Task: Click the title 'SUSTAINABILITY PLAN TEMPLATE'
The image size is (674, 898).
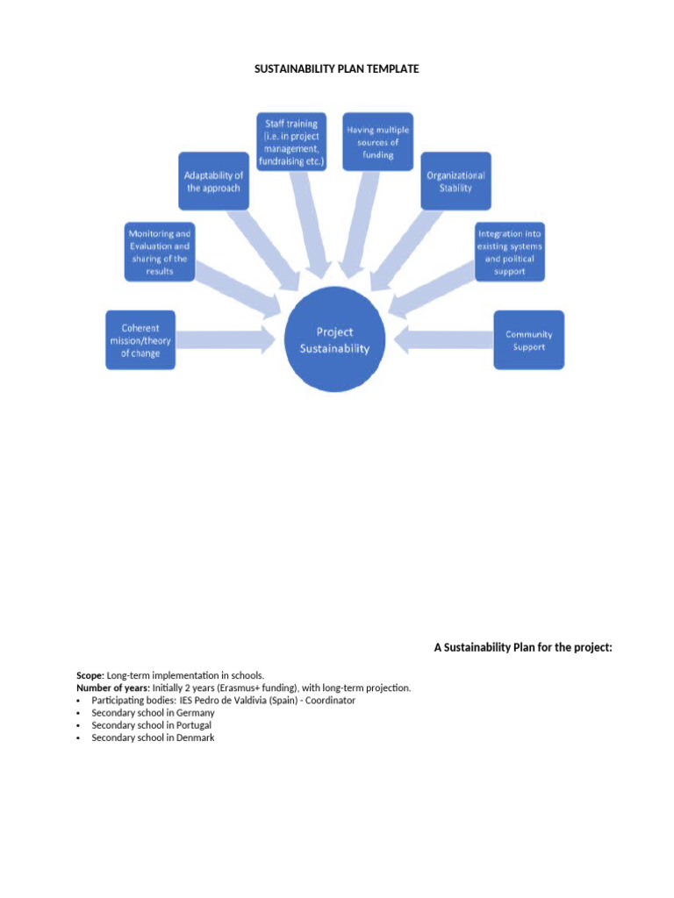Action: [337, 68]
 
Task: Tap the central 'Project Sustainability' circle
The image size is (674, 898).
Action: [334, 340]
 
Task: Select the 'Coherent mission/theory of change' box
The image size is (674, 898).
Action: [140, 341]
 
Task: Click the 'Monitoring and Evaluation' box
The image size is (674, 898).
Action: [159, 253]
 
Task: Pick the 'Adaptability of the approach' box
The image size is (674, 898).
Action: [212, 182]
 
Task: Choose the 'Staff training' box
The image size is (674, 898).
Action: [291, 143]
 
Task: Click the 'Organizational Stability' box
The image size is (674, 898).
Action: [455, 182]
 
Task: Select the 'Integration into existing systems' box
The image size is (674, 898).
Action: [509, 253]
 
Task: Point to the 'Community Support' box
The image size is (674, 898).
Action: [528, 340]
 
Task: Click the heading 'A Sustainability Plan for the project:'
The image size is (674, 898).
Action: [522, 647]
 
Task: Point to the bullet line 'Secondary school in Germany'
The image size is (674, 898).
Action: [153, 713]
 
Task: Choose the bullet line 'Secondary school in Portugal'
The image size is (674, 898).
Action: [151, 725]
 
